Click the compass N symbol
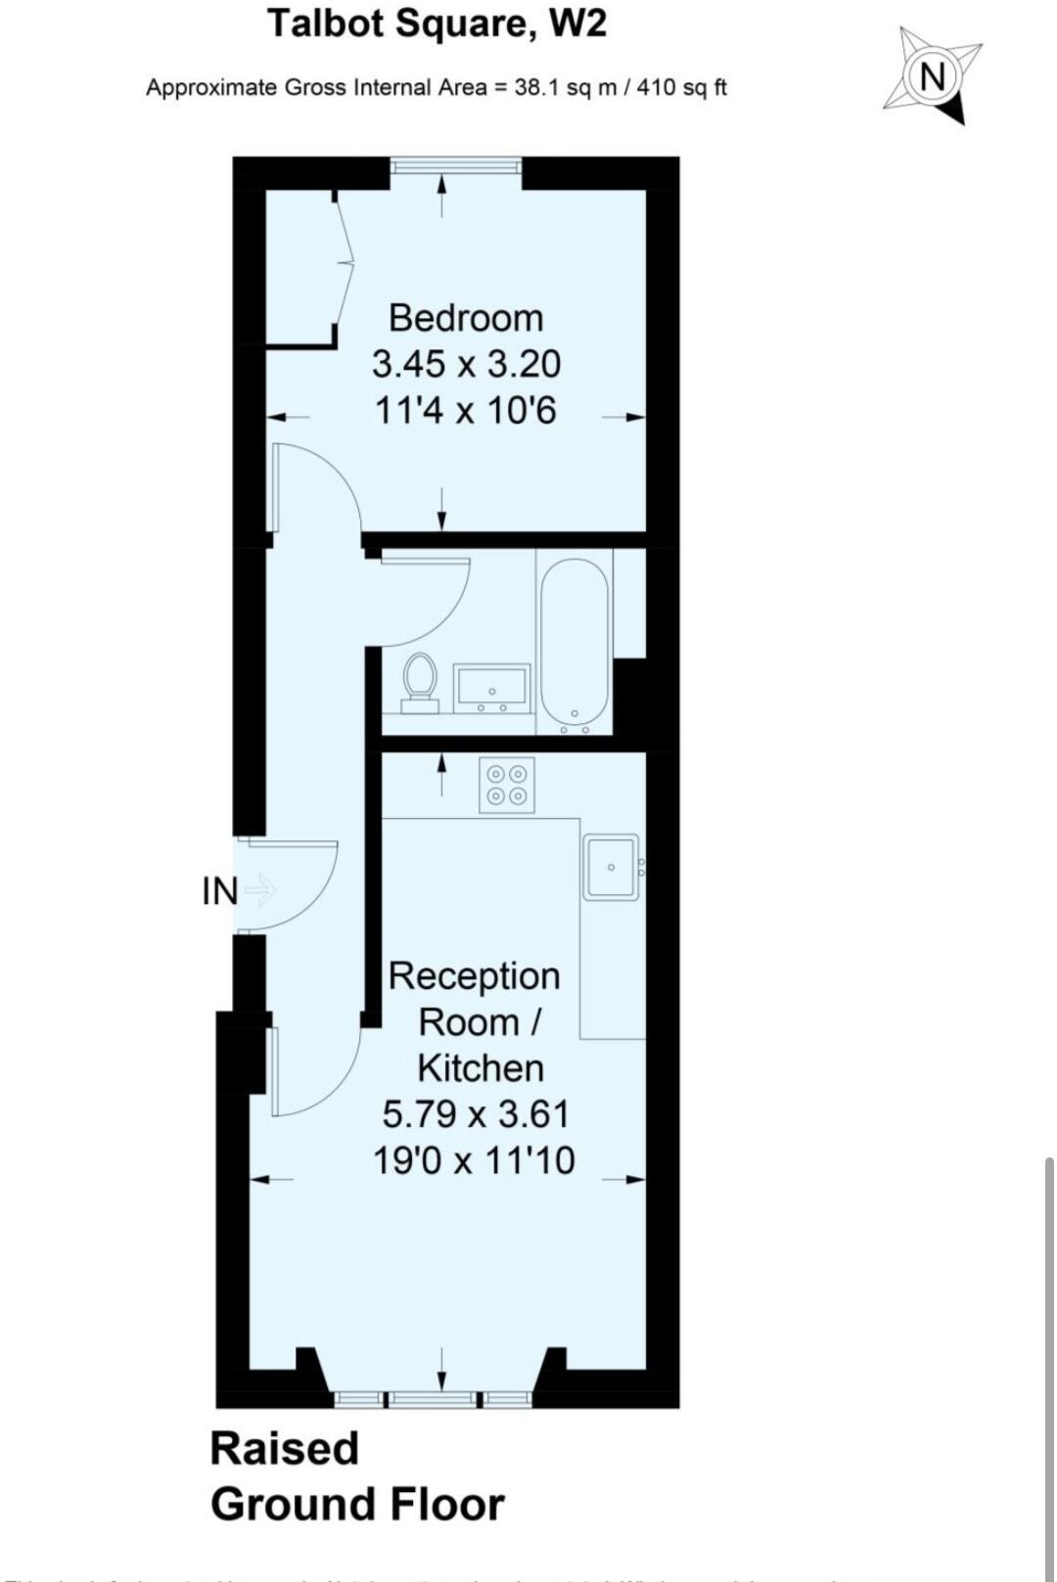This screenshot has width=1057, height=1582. click(933, 75)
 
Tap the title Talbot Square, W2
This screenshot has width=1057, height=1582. click(437, 23)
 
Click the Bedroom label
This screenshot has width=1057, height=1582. click(465, 318)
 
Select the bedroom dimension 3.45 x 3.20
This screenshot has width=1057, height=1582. click(466, 364)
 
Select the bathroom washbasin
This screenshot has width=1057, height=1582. click(491, 687)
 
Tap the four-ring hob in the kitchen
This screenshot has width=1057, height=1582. click(507, 785)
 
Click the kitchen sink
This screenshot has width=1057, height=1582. click(611, 866)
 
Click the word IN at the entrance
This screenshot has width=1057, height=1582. click(219, 891)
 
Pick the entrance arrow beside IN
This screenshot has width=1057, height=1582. click(260, 890)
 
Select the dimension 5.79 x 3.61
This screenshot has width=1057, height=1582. click(476, 1113)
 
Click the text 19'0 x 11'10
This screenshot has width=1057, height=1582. click(474, 1160)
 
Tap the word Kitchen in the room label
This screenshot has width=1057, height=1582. click(481, 1067)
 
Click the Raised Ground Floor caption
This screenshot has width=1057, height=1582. click(356, 1476)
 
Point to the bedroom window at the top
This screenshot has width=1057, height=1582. click(455, 166)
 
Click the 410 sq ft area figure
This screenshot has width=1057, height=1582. click(682, 87)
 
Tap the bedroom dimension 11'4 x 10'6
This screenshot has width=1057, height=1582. click(466, 410)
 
